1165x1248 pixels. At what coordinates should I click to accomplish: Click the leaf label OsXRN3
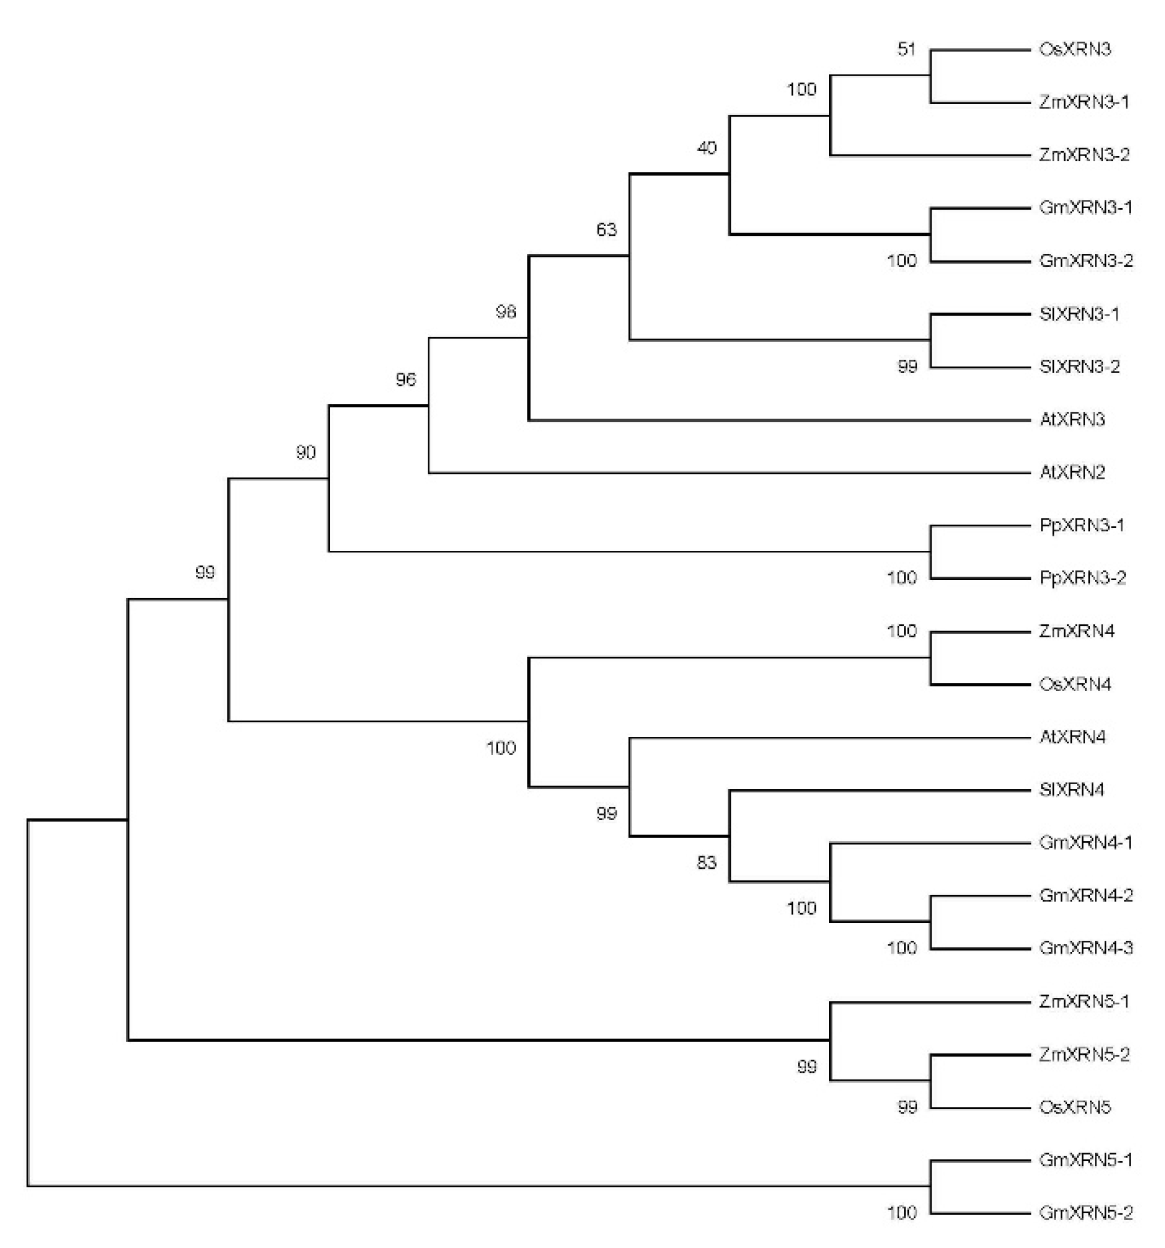click(x=1074, y=50)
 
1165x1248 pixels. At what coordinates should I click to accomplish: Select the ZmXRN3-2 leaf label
click(x=1084, y=154)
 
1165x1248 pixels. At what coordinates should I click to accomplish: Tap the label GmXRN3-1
click(x=1085, y=208)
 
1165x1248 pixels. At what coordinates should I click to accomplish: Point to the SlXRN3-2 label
click(x=1079, y=367)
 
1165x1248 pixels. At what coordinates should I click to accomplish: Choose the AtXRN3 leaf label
click(x=1072, y=419)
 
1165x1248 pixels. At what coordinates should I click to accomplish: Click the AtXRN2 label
click(x=1072, y=472)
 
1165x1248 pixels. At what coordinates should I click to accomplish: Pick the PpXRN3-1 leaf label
click(x=1082, y=526)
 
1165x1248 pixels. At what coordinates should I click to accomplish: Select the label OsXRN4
click(x=1074, y=683)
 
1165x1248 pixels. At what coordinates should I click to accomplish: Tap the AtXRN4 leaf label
click(x=1072, y=736)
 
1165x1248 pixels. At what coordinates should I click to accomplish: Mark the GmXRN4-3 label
click(x=1085, y=948)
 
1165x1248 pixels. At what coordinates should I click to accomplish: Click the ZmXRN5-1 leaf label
click(x=1084, y=1001)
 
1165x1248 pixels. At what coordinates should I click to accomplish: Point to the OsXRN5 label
click(x=1074, y=1107)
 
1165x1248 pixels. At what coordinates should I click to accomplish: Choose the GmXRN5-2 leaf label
click(x=1085, y=1212)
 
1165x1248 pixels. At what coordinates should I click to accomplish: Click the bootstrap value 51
click(x=906, y=49)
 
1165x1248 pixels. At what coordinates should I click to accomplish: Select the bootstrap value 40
click(x=706, y=148)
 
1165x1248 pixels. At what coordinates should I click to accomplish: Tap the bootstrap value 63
click(x=606, y=230)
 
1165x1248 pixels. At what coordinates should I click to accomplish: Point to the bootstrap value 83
click(x=706, y=863)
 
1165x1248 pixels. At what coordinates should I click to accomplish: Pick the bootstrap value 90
click(x=306, y=452)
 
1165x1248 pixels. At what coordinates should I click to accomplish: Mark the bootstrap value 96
click(x=406, y=379)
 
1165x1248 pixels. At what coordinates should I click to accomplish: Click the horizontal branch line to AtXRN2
click(x=728, y=473)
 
